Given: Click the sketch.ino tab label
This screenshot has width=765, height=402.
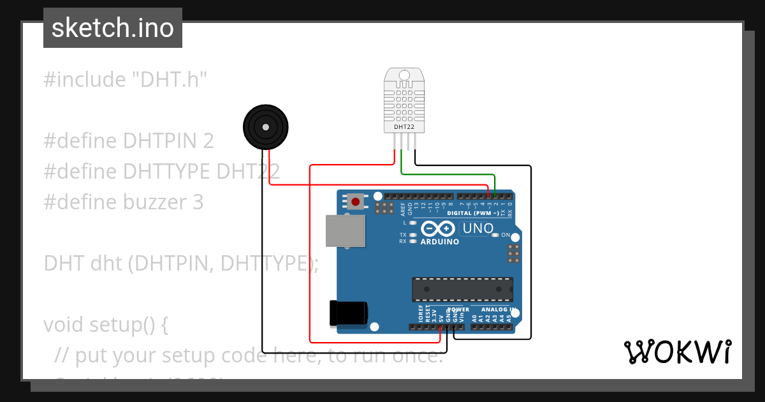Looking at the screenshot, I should tap(113, 28).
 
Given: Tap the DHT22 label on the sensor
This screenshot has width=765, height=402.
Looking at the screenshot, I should tap(403, 127).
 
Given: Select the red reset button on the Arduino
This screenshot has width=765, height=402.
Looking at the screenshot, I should tap(355, 202).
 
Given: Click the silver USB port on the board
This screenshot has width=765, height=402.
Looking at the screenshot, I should tap(346, 230).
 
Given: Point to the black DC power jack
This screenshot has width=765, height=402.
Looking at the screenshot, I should tap(348, 313).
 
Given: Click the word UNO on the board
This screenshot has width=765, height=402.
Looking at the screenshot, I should tap(478, 228).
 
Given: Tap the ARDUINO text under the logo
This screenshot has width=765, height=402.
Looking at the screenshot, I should tap(440, 242).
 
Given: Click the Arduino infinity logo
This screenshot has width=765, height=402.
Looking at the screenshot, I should tap(438, 228).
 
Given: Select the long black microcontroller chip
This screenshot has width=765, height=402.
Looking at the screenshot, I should tap(462, 289).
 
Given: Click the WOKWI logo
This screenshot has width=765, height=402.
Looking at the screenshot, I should tap(677, 352).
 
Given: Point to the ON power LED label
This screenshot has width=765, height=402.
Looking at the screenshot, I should tap(506, 235).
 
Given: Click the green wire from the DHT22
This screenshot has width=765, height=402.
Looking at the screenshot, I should tap(446, 174).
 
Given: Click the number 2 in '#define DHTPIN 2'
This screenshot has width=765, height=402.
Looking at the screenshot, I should tap(208, 141).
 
